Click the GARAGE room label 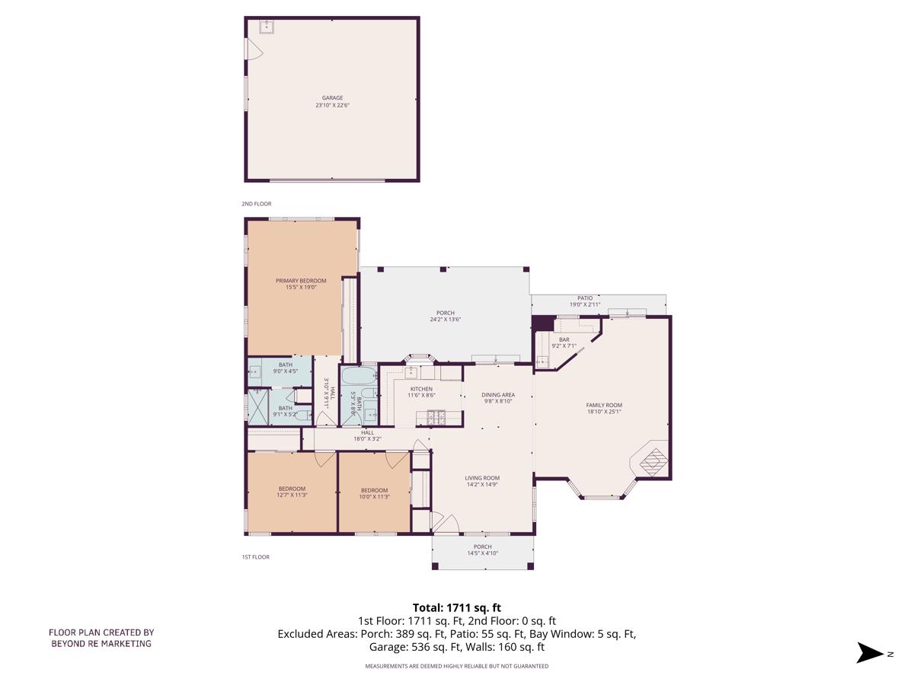coord(332,97)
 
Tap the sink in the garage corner coord(266,27)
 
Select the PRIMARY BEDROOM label coord(301,281)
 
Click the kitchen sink coord(412,372)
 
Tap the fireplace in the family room coord(650,460)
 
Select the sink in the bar coord(542,362)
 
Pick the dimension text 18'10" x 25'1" coord(604,412)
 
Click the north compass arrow coord(870,652)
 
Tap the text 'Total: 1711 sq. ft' coord(457,607)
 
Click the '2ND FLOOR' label coord(257,204)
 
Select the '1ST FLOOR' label coord(256,557)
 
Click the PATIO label coord(585,298)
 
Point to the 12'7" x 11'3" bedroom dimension coord(292,495)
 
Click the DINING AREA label coord(498,395)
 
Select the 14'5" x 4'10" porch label coord(482,553)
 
